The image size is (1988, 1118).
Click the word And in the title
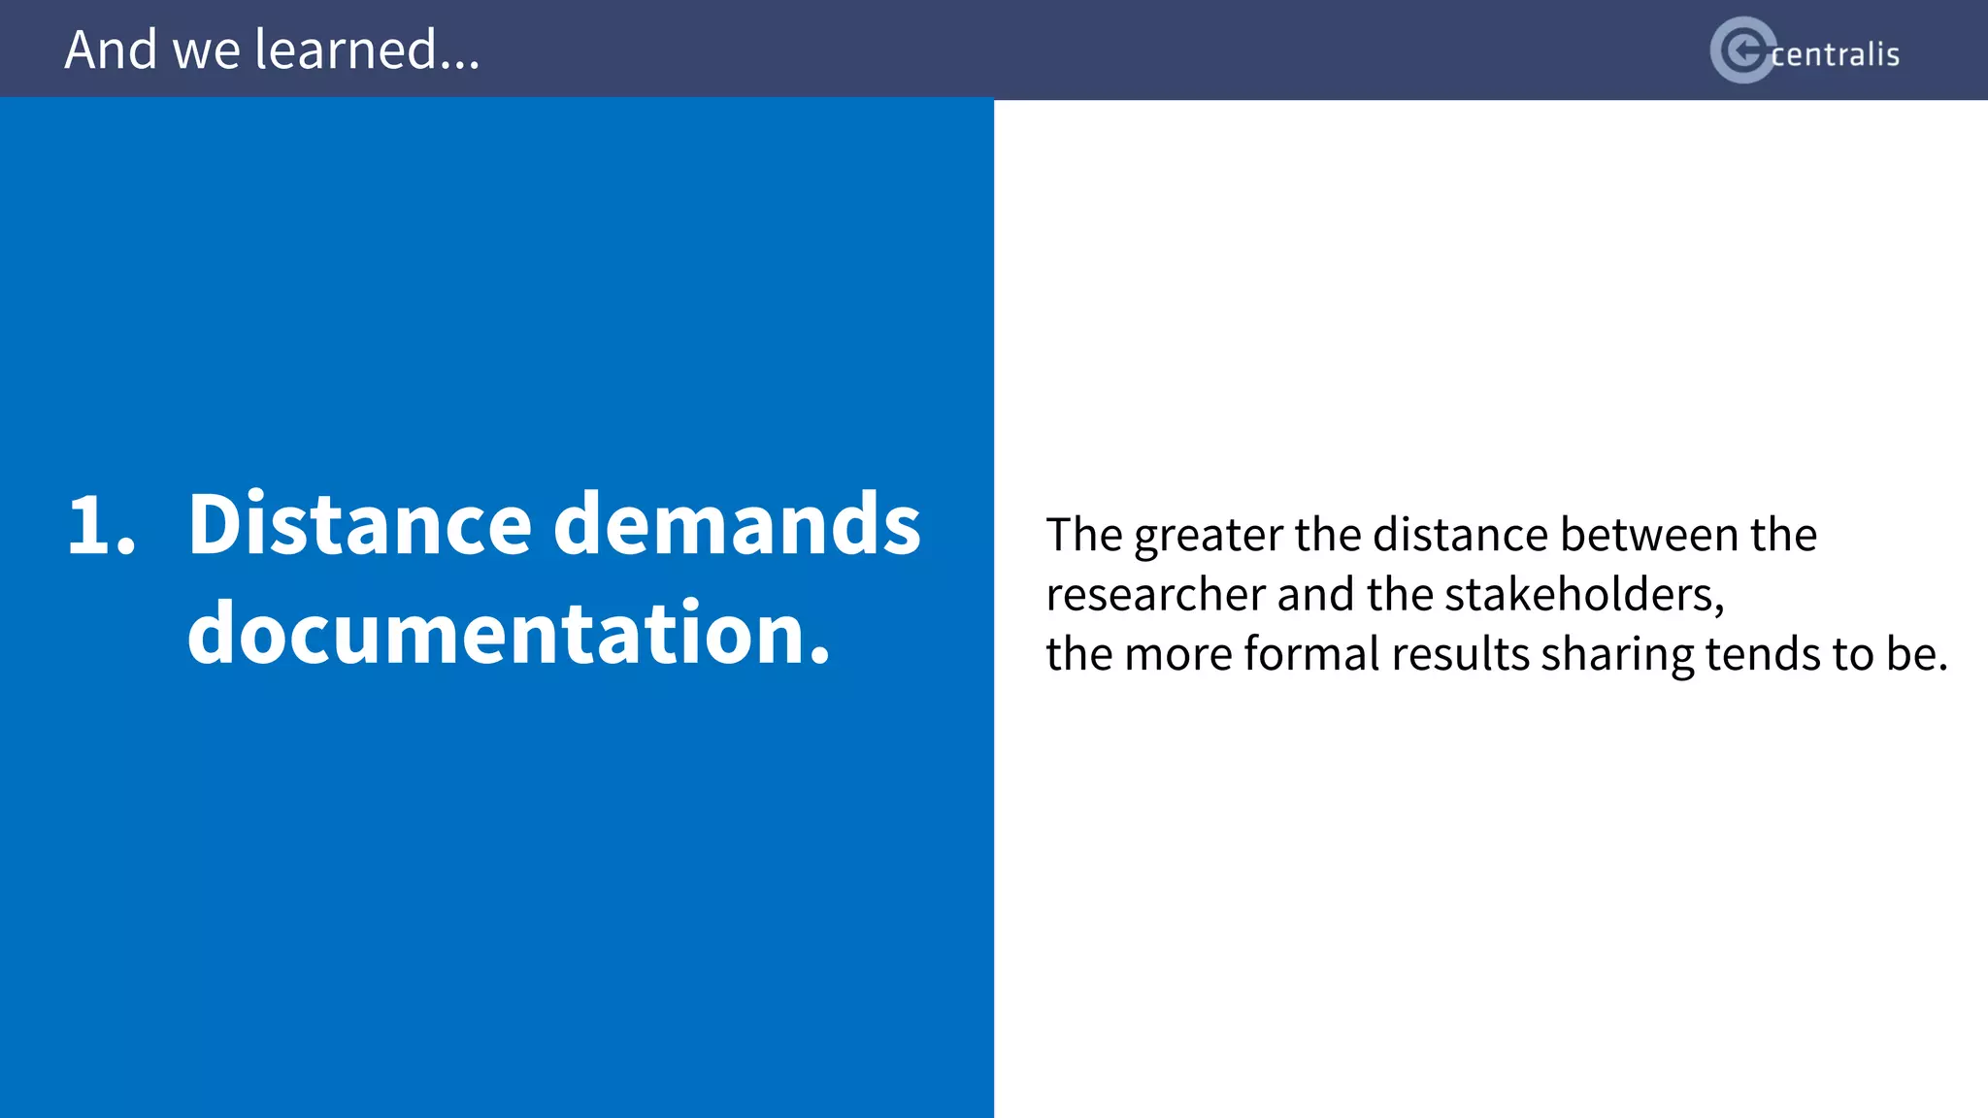click(110, 49)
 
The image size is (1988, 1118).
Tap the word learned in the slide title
click(346, 49)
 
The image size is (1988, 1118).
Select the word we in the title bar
click(206, 51)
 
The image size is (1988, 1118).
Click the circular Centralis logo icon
click(1742, 50)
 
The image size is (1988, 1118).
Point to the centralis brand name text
click(1835, 54)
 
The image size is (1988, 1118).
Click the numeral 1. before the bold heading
click(101, 526)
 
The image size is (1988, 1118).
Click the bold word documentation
click(509, 633)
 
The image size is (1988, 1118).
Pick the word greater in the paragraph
click(1212, 536)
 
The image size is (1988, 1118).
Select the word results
click(1460, 653)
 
